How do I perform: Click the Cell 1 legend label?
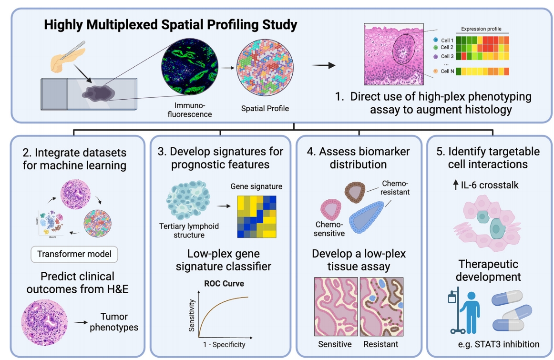click(x=447, y=40)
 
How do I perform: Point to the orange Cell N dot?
click(x=436, y=72)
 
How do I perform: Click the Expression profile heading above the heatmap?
click(x=482, y=29)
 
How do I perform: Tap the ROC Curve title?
click(x=224, y=283)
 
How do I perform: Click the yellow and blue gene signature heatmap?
click(x=256, y=217)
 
